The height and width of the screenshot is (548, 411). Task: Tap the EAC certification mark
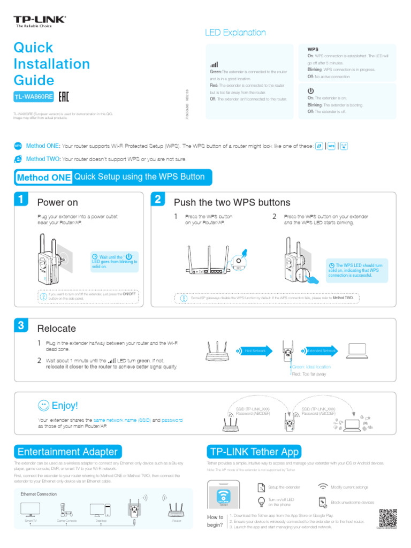pos(63,97)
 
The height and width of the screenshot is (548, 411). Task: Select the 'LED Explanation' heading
pos(235,33)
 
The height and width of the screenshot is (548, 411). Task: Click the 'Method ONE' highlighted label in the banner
pos(44,177)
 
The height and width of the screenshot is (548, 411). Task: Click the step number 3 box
pos(20,325)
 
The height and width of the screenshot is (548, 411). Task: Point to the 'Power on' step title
pos(57,202)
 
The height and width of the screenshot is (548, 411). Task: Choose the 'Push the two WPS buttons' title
pos(232,202)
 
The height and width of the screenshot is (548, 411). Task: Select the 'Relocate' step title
pos(56,328)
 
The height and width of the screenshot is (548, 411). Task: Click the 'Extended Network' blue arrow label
pos(321,351)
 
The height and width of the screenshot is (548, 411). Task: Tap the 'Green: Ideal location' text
pos(311,367)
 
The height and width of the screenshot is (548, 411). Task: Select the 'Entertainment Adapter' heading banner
pos(67,451)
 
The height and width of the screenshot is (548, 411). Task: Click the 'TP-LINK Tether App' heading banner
pos(254,451)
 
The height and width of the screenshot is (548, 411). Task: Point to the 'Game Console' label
pos(67,521)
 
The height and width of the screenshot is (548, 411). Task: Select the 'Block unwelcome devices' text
pos(353,503)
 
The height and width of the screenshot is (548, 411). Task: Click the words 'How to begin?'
pos(215,521)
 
